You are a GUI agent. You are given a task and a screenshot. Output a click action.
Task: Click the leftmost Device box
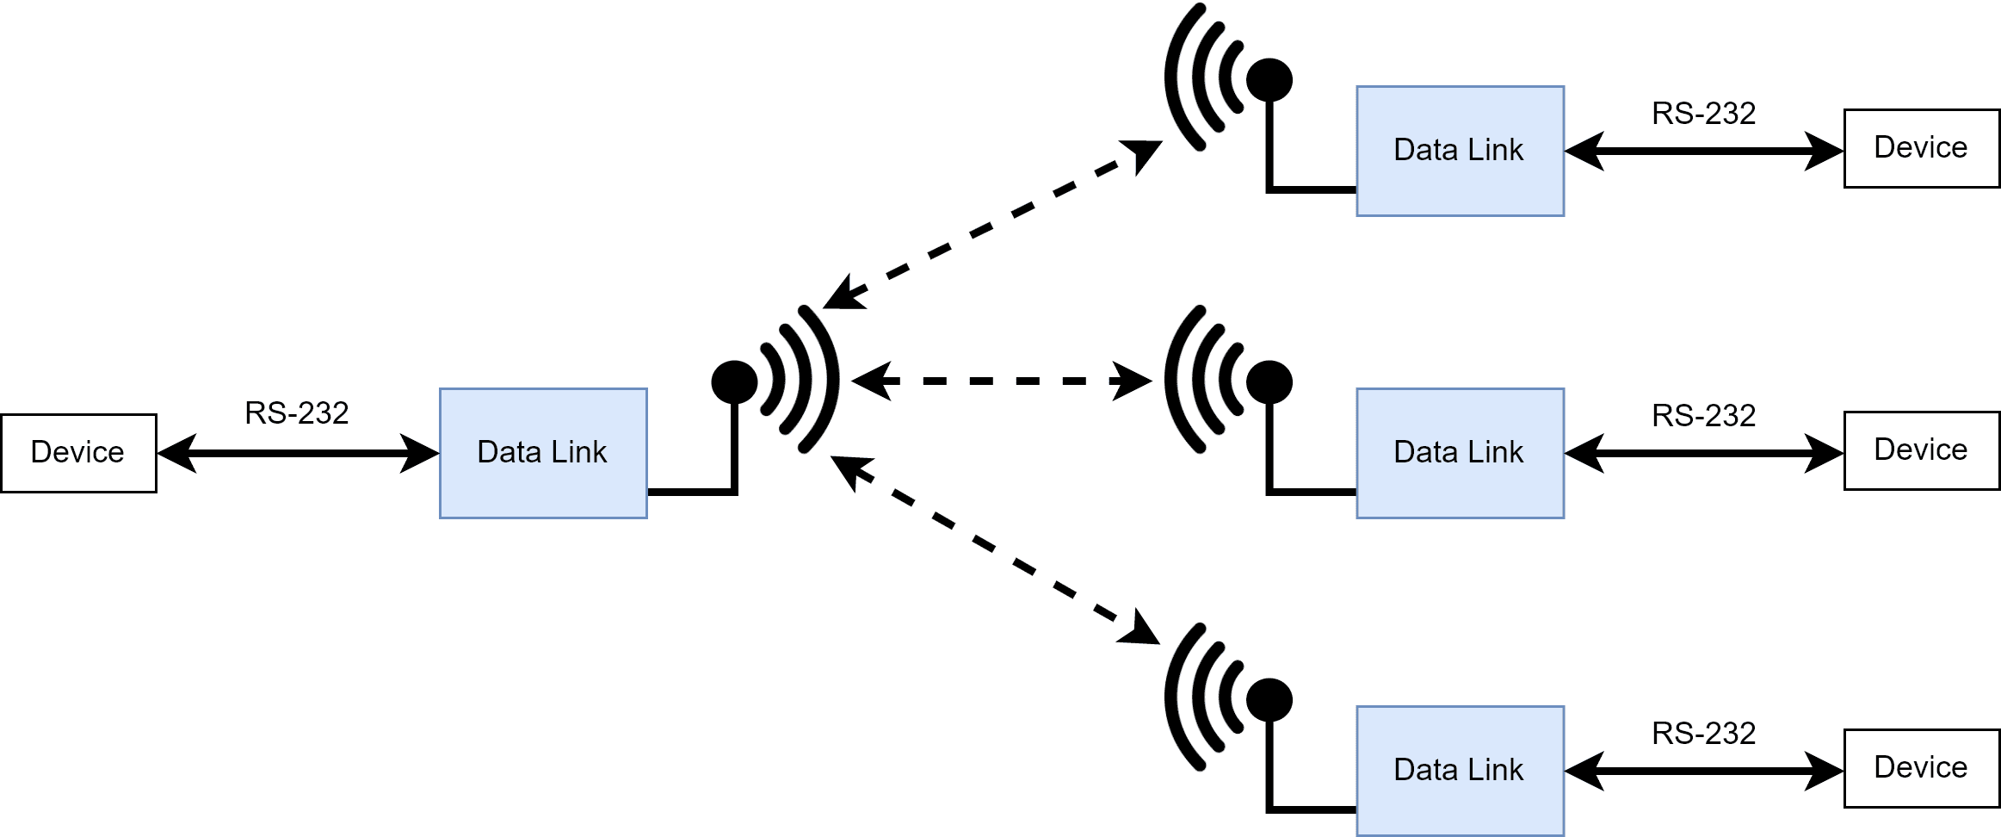point(78,453)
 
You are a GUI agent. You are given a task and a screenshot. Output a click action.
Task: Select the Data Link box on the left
point(543,453)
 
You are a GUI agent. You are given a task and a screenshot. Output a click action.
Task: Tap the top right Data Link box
point(1460,151)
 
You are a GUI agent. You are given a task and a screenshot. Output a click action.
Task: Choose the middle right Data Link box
point(1460,453)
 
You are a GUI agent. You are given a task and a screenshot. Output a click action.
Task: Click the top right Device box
point(1921,148)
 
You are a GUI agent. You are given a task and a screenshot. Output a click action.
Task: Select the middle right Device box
point(1921,450)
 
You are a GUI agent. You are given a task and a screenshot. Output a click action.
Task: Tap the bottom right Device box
point(1921,768)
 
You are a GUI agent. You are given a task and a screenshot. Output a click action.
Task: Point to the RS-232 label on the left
point(297,413)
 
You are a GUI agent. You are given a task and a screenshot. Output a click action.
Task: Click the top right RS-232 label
point(1703,114)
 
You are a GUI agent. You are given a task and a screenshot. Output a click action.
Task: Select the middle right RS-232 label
point(1703,416)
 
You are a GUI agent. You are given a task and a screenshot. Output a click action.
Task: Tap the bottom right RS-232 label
point(1703,734)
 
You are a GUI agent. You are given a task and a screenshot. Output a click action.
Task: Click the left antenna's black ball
point(734,381)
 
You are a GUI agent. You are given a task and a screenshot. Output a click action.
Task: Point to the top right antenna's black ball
point(1269,80)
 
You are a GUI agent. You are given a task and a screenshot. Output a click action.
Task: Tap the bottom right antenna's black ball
point(1269,699)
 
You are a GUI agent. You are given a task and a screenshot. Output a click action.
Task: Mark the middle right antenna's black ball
point(1269,381)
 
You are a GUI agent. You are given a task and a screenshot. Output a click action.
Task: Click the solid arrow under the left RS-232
point(298,453)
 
